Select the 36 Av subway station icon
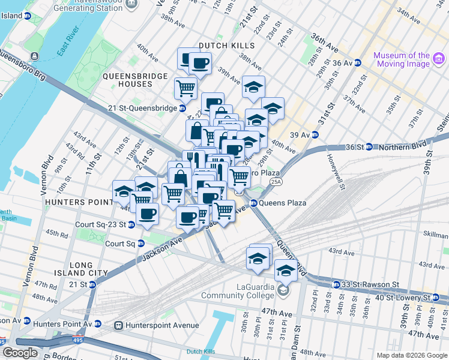pyautogui.click(x=357, y=62)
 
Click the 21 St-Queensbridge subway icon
pyautogui.click(x=182, y=108)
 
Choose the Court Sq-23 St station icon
pyautogui.click(x=130, y=224)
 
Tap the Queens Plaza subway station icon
pyautogui.click(x=253, y=203)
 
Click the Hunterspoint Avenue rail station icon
pyautogui.click(x=118, y=325)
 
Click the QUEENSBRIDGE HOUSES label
pyautogui.click(x=136, y=80)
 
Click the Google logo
pyautogui.click(x=20, y=353)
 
